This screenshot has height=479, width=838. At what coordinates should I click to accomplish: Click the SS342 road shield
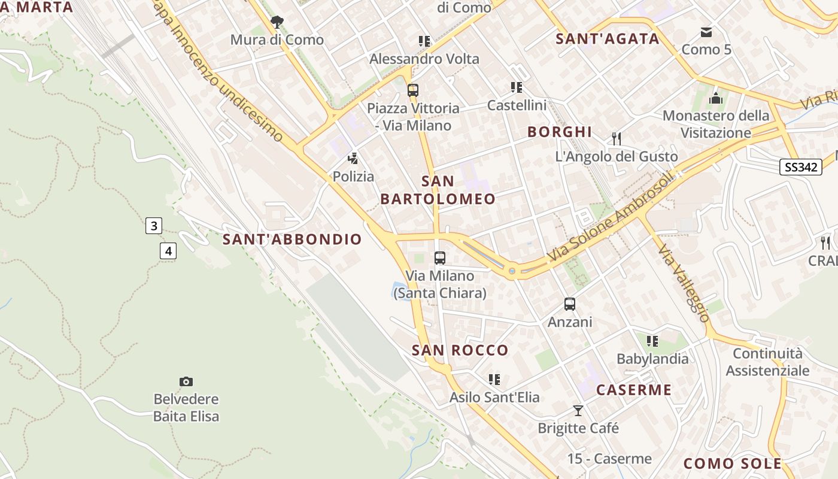click(x=800, y=167)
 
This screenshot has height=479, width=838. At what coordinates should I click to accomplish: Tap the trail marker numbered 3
click(x=154, y=226)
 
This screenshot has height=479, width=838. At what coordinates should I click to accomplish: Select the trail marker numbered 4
click(x=168, y=250)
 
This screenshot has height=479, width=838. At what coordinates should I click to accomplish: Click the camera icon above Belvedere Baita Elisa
click(x=186, y=381)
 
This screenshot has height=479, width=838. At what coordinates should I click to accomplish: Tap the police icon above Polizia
click(x=353, y=159)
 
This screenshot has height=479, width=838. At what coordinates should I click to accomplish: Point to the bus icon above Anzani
click(x=570, y=304)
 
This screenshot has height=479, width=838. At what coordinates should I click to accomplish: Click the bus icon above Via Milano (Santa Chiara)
click(x=440, y=258)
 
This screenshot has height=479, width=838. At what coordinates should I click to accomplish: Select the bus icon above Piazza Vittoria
click(x=412, y=90)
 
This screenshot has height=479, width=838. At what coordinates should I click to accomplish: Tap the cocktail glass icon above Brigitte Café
click(x=578, y=411)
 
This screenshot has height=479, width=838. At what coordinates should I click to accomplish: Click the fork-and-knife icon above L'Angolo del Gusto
click(x=617, y=139)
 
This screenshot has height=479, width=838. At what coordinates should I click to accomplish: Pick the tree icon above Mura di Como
click(x=277, y=22)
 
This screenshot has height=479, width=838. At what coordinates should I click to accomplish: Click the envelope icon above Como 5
click(x=706, y=32)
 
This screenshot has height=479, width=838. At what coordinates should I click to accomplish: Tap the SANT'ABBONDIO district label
click(x=292, y=239)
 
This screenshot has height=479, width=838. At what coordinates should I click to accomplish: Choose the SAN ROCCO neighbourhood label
click(x=460, y=350)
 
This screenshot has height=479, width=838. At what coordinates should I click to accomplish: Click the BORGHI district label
click(x=559, y=132)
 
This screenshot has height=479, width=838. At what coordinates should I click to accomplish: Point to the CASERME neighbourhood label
click(x=634, y=390)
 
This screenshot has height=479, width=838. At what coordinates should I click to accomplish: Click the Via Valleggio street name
click(x=684, y=283)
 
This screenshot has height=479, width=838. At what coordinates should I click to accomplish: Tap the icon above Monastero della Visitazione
click(x=715, y=98)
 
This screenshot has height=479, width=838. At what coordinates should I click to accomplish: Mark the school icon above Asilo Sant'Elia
click(x=494, y=380)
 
